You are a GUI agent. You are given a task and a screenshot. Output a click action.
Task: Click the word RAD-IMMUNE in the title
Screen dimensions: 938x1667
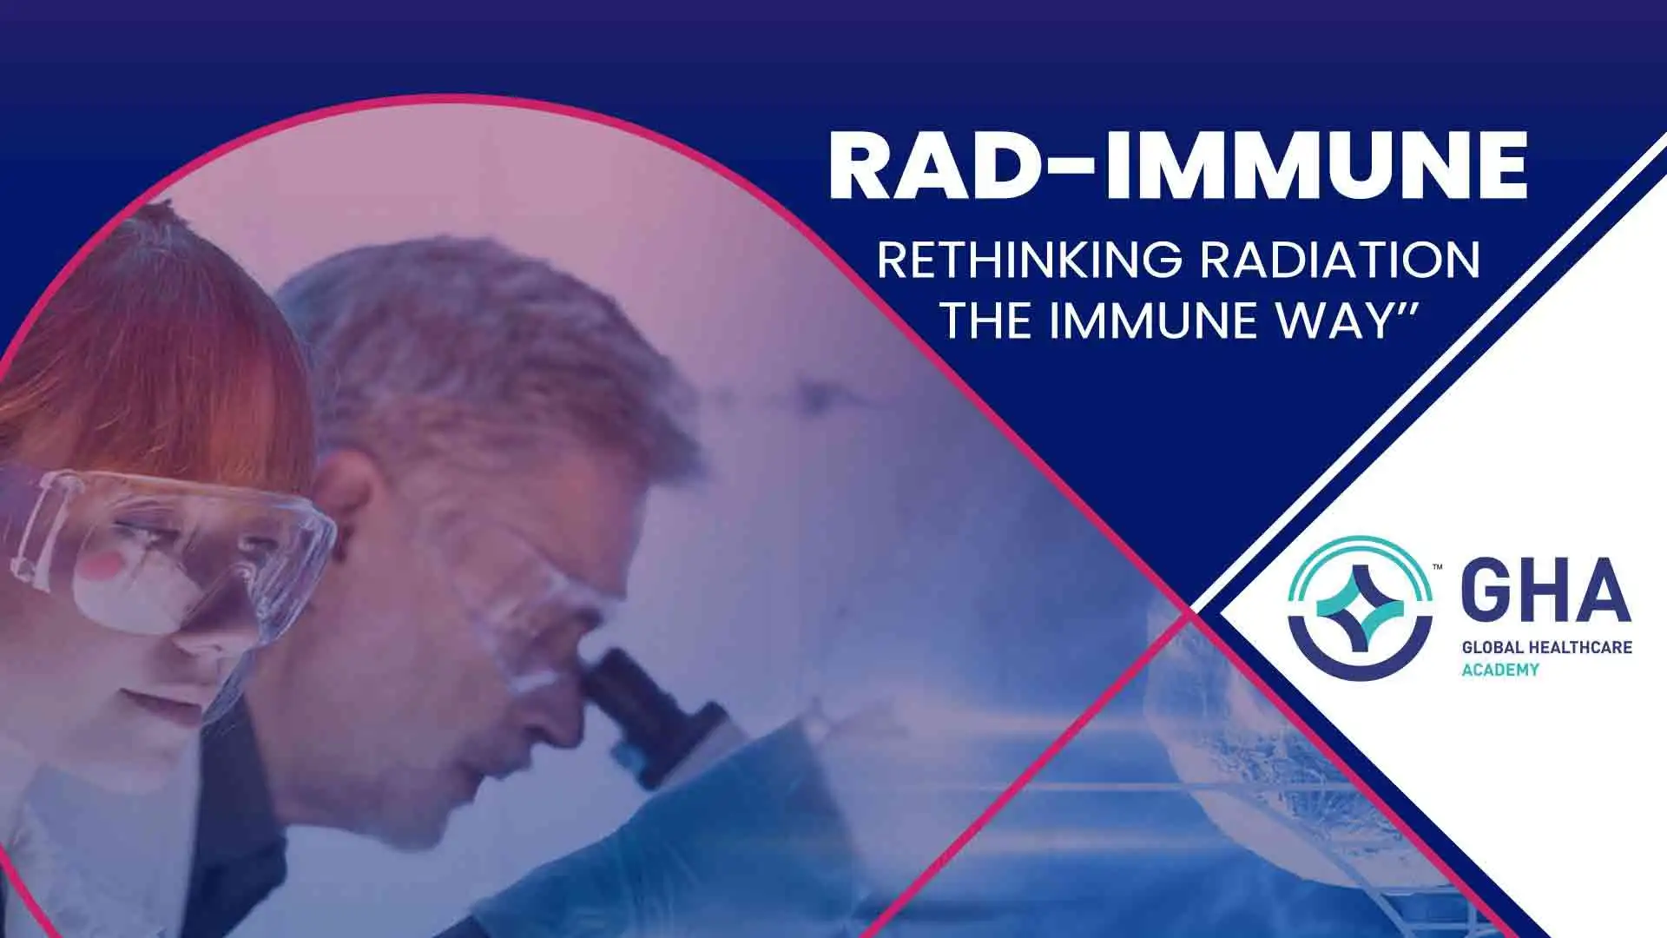coord(1177,166)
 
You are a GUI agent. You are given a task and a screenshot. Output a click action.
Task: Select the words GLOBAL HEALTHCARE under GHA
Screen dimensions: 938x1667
coord(1546,647)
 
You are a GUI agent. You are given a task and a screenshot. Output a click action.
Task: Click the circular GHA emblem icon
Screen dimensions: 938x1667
coord(1360,607)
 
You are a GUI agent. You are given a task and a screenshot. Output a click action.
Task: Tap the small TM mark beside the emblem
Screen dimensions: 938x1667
coord(1438,567)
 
